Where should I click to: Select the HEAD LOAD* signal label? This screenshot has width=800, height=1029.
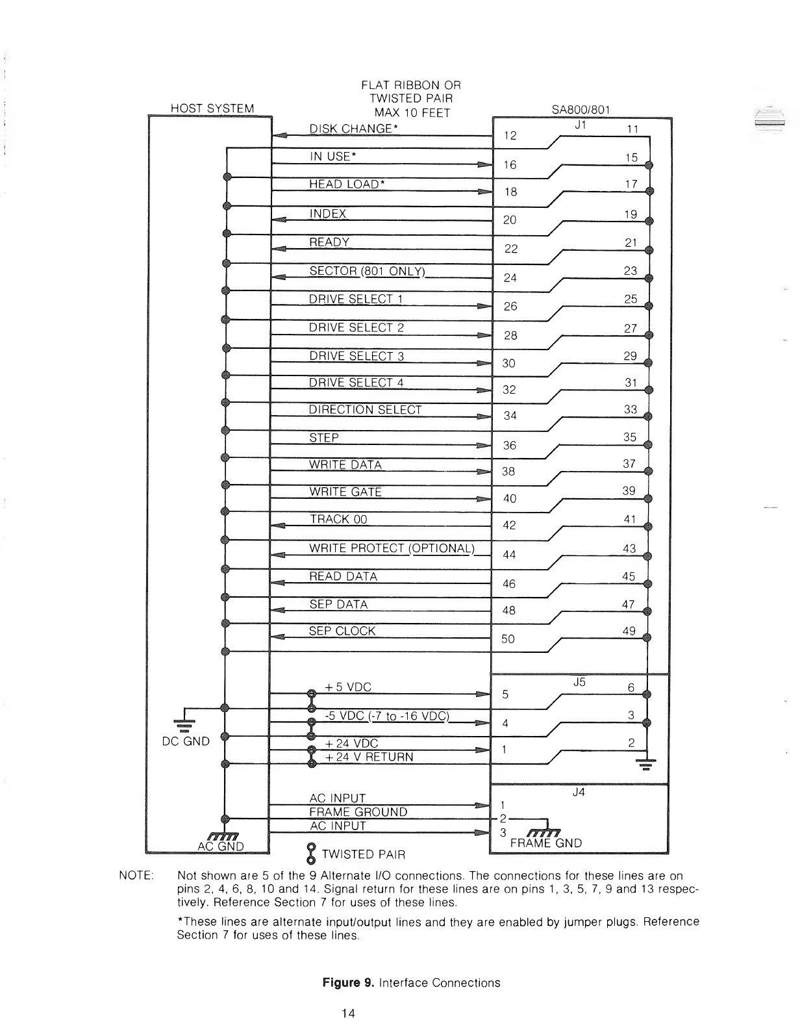click(x=347, y=184)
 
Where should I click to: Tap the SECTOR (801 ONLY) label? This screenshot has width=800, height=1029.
click(x=367, y=271)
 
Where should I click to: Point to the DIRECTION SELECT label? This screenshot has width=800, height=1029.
click(x=366, y=410)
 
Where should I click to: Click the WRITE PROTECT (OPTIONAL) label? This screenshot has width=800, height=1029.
click(x=392, y=548)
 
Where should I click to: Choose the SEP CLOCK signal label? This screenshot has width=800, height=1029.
click(x=342, y=631)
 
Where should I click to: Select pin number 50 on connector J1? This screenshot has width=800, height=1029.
click(x=508, y=639)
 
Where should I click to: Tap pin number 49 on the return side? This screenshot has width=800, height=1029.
click(x=629, y=631)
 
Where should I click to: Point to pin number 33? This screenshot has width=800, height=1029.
click(x=630, y=410)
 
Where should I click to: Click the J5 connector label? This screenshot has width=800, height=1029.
click(x=580, y=682)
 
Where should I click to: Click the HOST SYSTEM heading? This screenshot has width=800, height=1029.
click(x=212, y=108)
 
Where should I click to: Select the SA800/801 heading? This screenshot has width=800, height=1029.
click(x=579, y=110)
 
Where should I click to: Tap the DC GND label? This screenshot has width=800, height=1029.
click(x=186, y=741)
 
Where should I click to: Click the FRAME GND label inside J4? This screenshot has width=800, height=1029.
click(x=546, y=843)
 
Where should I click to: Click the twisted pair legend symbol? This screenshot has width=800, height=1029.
click(x=310, y=854)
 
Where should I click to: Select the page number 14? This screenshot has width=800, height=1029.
click(x=347, y=1013)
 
